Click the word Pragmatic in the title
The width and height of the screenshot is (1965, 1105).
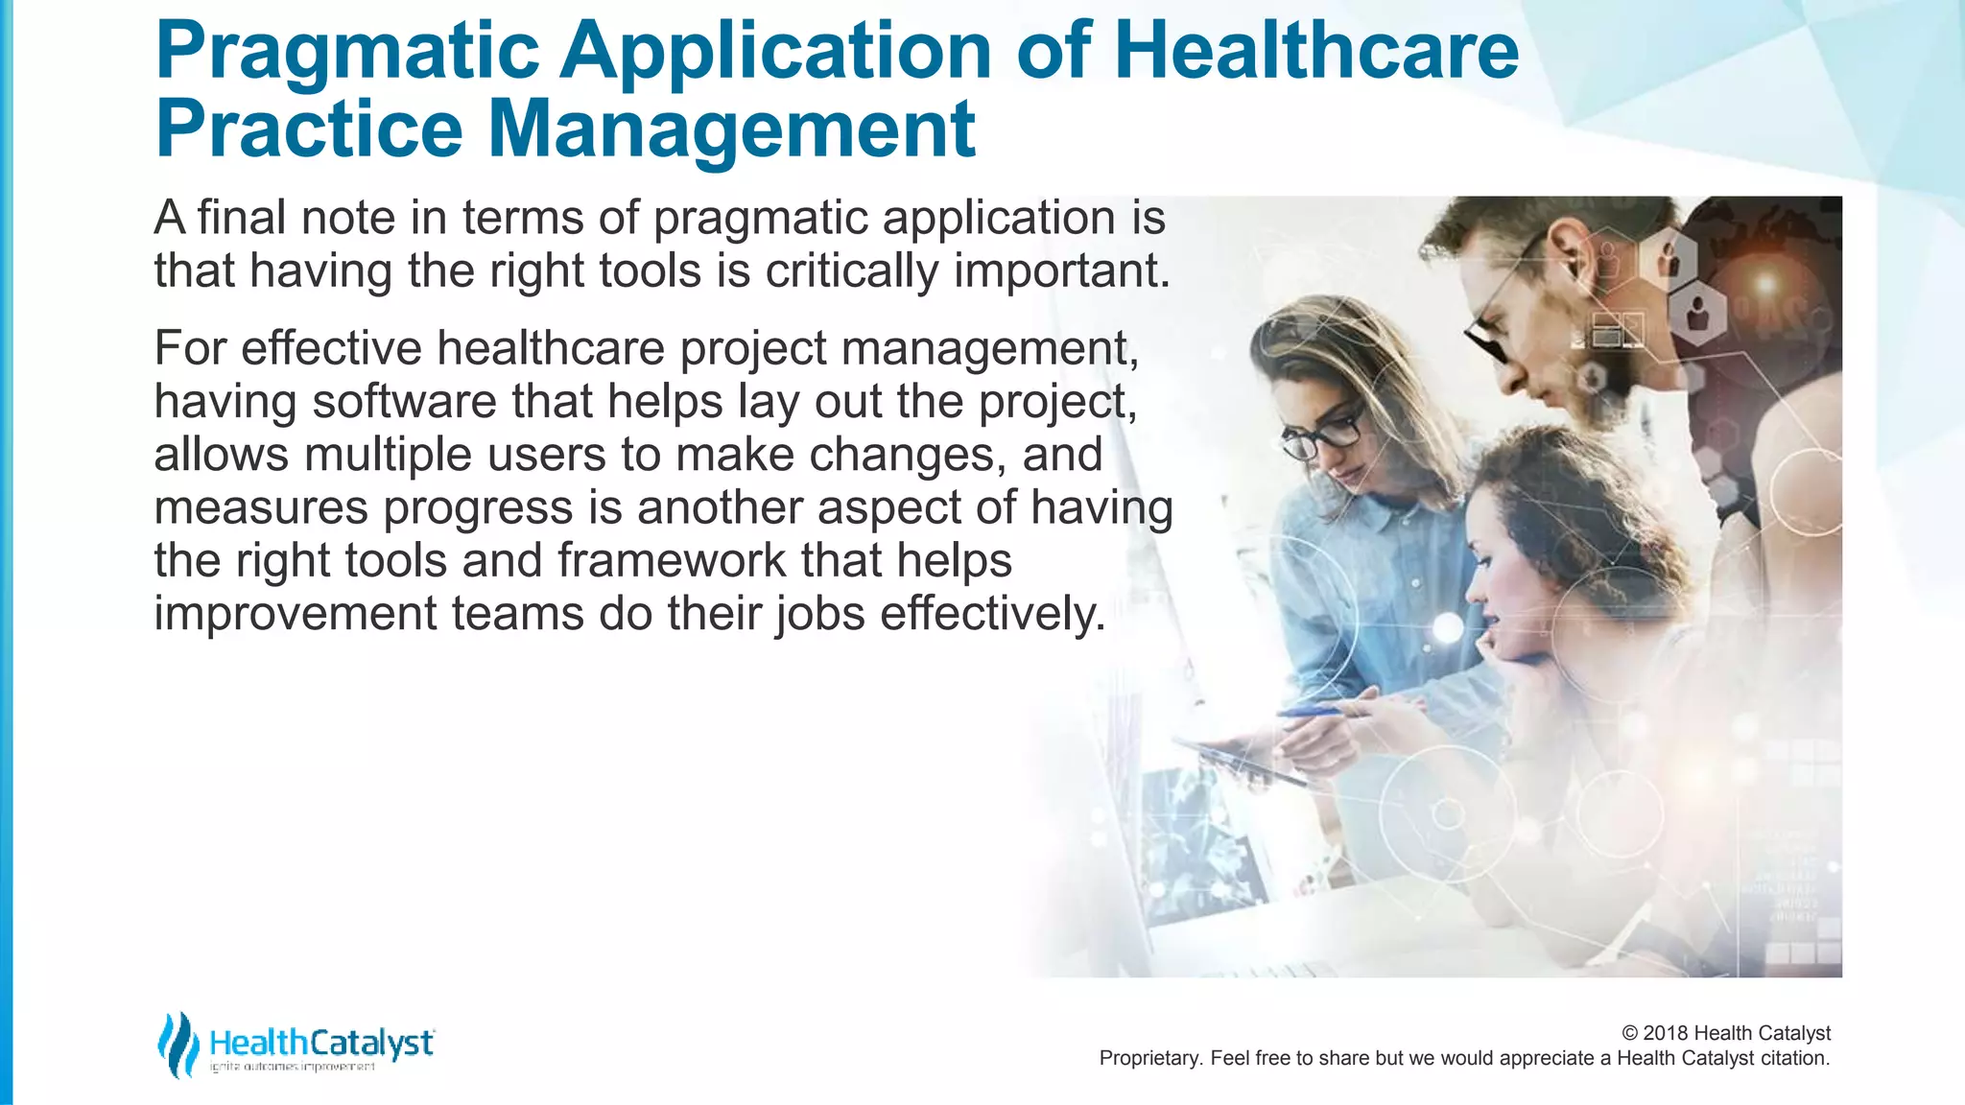tap(347, 53)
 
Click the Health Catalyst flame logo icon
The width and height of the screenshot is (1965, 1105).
tap(177, 1045)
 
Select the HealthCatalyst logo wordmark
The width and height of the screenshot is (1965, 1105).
tap(321, 1042)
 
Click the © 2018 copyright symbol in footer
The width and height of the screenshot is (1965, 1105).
tap(1630, 1033)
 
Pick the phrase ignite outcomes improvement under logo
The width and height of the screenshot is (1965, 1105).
tap(293, 1068)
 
